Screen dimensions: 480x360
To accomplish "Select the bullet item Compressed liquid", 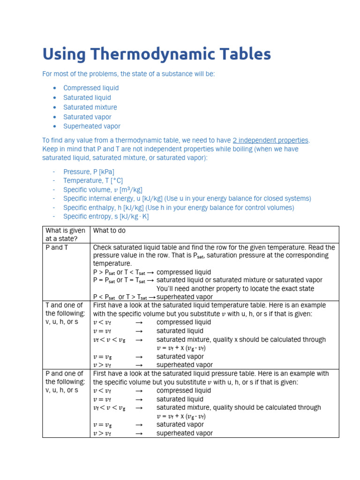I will click(91, 88).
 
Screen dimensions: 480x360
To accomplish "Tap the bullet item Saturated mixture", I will click(90, 107).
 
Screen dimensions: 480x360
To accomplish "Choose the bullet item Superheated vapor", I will click(92, 127).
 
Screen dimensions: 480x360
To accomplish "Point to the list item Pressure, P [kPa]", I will click(89, 172).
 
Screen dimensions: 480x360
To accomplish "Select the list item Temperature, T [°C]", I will click(93, 180).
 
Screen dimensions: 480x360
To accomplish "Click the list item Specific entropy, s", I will click(106, 217).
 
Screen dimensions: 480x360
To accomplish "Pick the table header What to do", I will click(109, 231).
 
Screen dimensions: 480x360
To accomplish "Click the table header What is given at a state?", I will click(65, 234).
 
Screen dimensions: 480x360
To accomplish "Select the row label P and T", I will click(57, 247).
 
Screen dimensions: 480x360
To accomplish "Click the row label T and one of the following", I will click(65, 314).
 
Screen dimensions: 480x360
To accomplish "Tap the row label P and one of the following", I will click(65, 382).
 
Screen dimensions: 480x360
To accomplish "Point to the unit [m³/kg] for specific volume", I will click(131, 190).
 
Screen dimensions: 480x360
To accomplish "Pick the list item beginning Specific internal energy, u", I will click(187, 199).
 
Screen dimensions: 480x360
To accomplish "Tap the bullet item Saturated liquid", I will click(87, 97).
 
